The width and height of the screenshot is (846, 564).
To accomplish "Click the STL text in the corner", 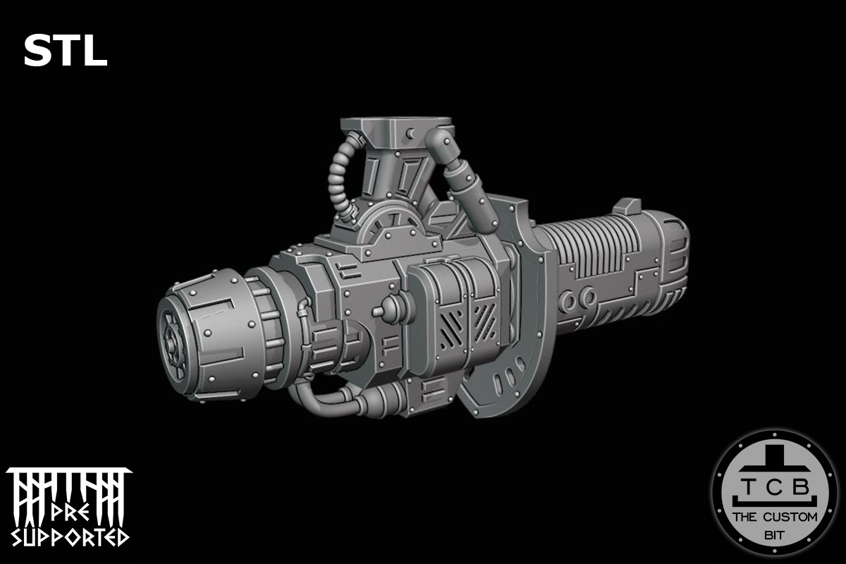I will pyautogui.click(x=65, y=51).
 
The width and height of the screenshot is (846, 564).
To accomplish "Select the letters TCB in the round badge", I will pyautogui.click(x=773, y=487).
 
